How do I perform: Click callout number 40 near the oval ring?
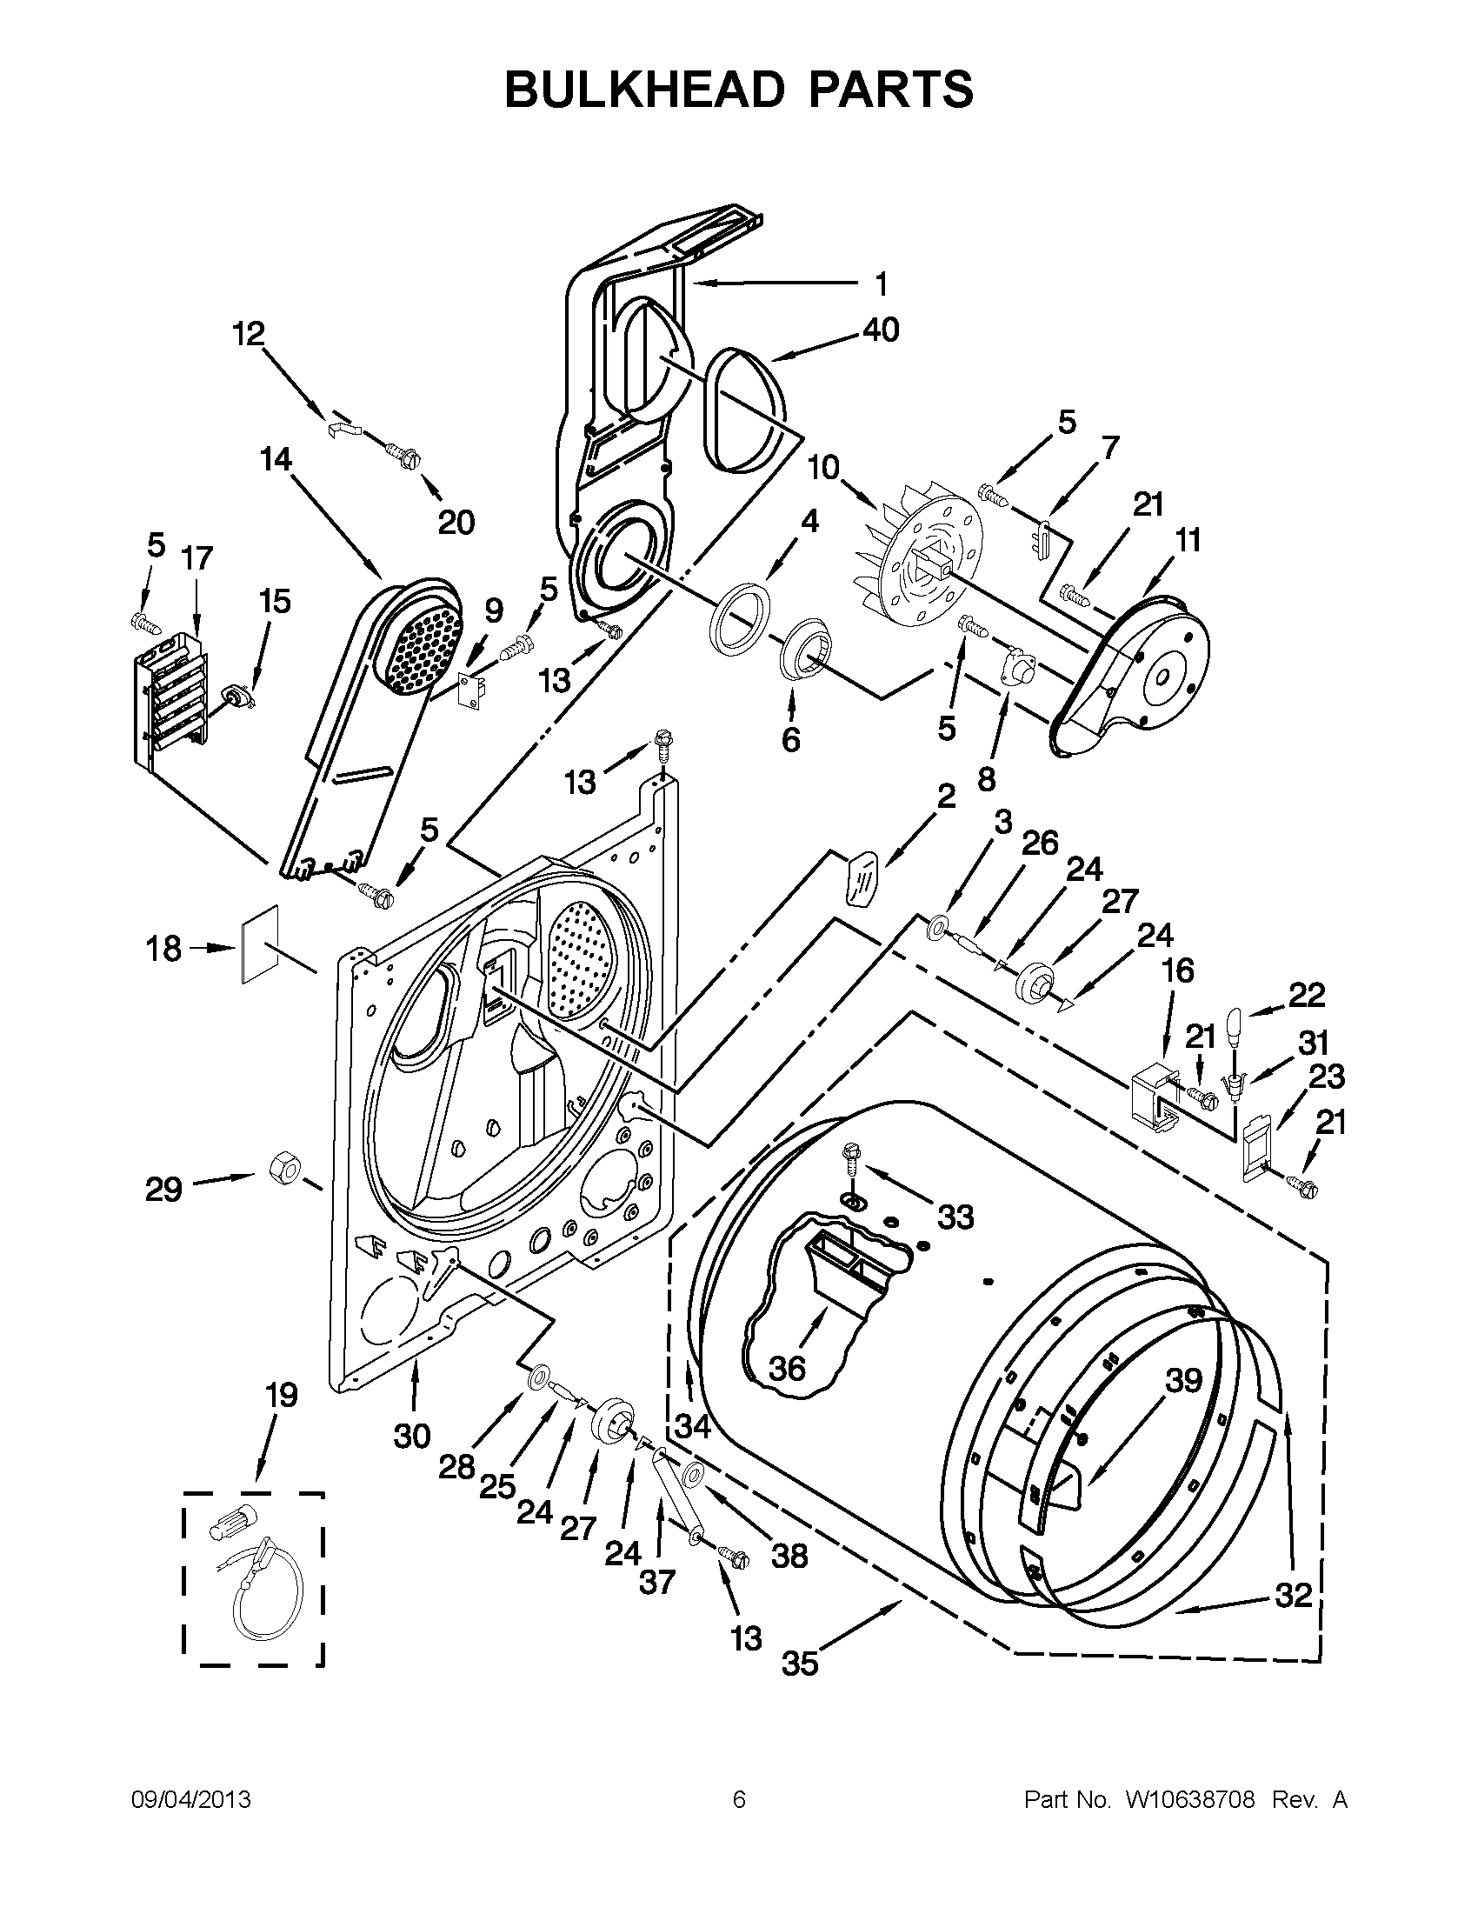point(881,330)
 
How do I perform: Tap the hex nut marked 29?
point(285,1166)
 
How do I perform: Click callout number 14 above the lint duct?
point(275,458)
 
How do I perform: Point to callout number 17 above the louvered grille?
point(197,557)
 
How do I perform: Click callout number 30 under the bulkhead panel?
point(411,1436)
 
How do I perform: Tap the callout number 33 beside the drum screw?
point(955,1217)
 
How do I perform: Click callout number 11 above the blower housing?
point(1187,540)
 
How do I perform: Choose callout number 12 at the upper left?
point(249,333)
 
